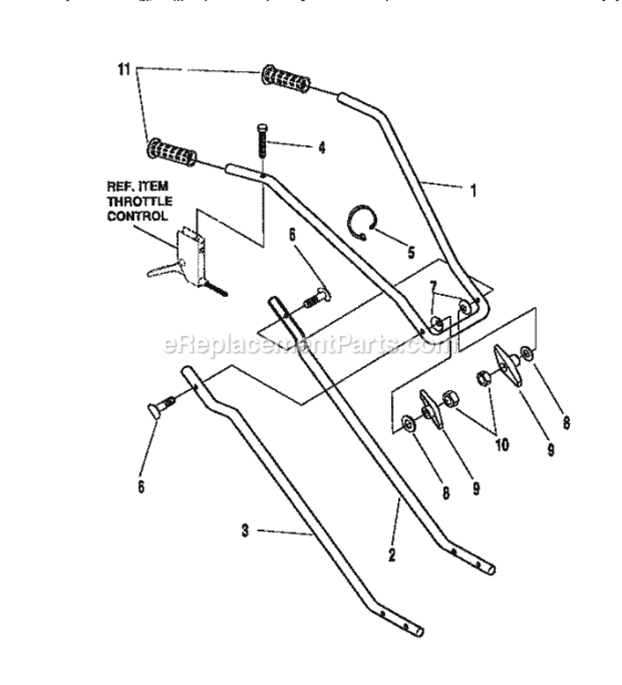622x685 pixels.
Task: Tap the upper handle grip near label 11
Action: [287, 79]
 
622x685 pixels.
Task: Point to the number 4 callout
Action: [296, 145]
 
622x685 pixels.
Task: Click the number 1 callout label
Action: [472, 192]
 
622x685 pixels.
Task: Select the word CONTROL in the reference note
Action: [137, 216]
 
